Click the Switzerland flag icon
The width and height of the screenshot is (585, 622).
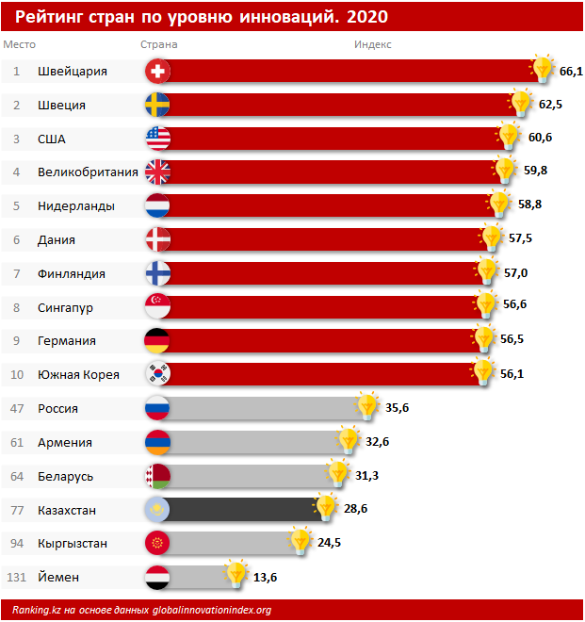click(157, 72)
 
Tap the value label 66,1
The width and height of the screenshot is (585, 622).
click(571, 71)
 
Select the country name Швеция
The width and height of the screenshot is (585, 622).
click(62, 105)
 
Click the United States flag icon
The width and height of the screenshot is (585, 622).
click(157, 139)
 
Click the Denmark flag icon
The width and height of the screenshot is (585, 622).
click(157, 239)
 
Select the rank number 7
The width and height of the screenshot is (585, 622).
click(17, 273)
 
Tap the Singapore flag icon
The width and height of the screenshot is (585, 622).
click(157, 307)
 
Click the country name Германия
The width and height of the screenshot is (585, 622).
click(67, 340)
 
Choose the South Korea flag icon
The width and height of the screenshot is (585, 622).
click(157, 374)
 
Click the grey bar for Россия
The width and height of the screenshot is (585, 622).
click(264, 408)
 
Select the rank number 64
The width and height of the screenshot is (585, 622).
click(17, 476)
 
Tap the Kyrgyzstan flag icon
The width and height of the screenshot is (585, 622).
click(157, 543)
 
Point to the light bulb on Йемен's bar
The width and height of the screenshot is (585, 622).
click(236, 574)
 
